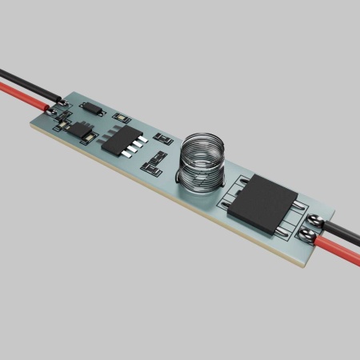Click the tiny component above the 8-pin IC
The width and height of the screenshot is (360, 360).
click(124, 120)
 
